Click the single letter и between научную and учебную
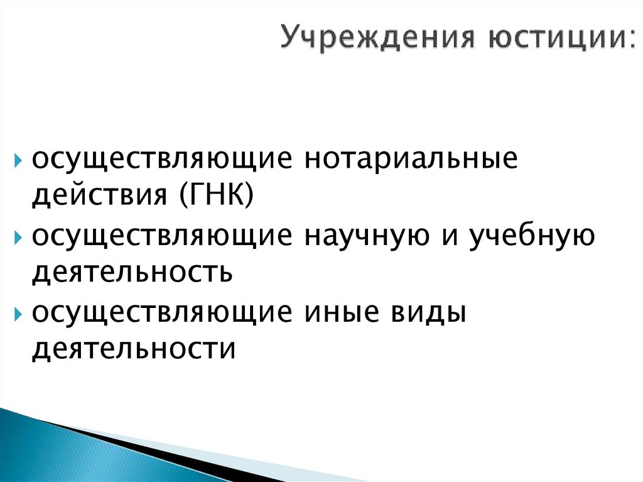(x=448, y=238)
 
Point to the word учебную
(x=531, y=237)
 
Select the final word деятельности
(x=134, y=347)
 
